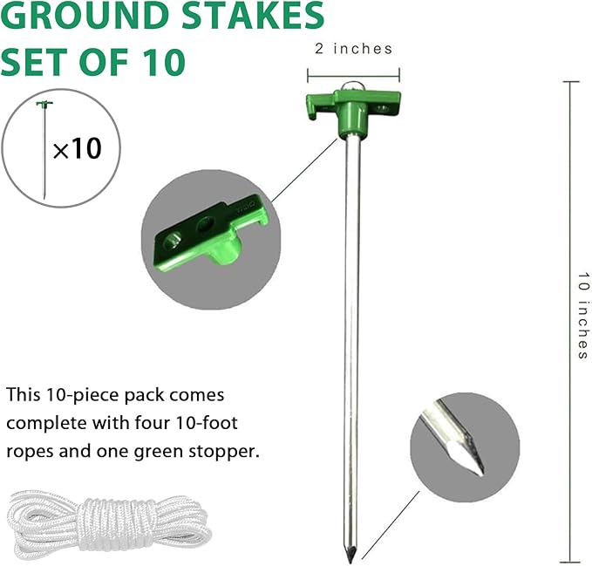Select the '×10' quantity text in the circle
click(x=77, y=148)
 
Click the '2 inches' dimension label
click(x=353, y=49)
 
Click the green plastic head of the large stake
click(x=353, y=109)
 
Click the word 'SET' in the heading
click(x=35, y=62)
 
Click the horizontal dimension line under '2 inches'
click(x=353, y=73)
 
